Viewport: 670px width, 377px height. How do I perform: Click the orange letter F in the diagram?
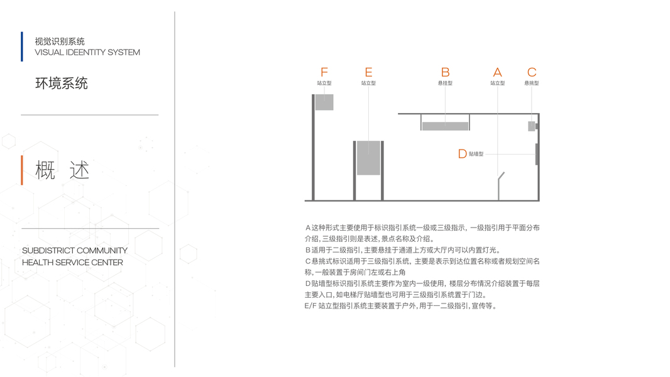324,72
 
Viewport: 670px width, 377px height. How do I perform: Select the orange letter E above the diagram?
368,72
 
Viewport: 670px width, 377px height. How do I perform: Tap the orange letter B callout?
445,72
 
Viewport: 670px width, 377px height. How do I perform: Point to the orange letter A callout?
497,72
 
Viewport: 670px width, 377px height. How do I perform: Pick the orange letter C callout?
532,72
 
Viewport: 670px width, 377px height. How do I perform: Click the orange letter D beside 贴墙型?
463,153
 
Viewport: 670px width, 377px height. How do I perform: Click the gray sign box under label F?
324,102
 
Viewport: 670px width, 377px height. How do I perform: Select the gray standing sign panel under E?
368,158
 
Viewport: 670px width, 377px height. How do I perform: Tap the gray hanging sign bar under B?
445,126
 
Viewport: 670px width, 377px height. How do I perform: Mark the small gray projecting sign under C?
531,126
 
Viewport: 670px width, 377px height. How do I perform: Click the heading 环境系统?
62,83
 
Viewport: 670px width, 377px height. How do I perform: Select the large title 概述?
62,170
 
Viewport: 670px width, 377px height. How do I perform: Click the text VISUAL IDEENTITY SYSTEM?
87,52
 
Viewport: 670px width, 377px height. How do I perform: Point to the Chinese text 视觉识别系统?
60,41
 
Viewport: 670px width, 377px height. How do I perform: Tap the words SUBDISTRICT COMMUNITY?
75,251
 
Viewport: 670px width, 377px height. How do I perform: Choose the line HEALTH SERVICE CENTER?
72,263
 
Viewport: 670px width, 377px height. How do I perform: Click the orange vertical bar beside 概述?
22,170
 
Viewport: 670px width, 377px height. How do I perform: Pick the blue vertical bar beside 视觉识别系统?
22,46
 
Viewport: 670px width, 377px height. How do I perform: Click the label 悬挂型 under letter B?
445,83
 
